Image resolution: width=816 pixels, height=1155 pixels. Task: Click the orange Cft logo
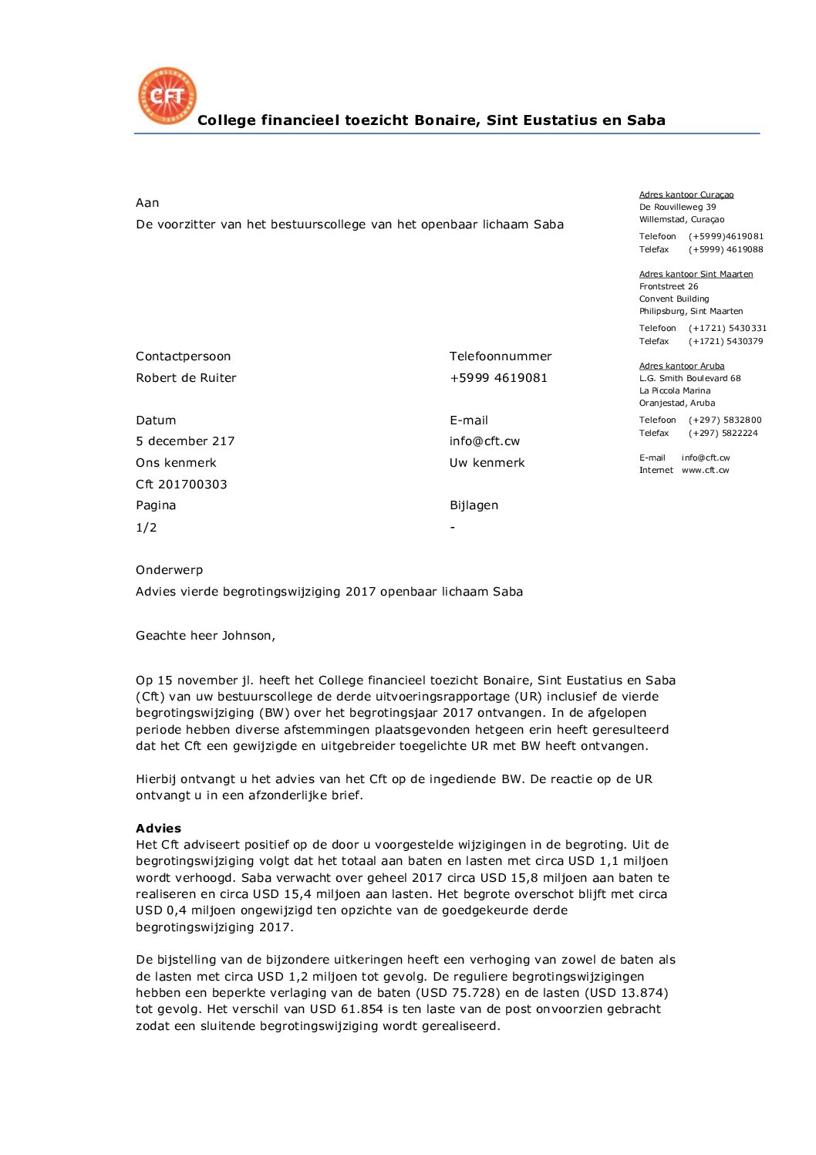point(167,96)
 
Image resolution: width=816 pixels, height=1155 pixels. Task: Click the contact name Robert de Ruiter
point(186,378)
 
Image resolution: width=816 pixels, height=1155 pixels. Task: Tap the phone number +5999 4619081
point(498,378)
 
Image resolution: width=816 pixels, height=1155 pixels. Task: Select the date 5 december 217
point(185,441)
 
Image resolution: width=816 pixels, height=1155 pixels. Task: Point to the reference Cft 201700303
point(181,485)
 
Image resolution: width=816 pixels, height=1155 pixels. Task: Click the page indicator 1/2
point(147,528)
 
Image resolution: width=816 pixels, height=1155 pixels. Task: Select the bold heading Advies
point(158,829)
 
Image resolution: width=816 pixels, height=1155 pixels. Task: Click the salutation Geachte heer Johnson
point(205,636)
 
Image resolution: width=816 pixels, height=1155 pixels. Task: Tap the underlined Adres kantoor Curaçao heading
point(686,195)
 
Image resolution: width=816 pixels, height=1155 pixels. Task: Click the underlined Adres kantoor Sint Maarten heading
point(696,274)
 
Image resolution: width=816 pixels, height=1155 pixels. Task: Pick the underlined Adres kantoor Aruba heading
point(682,366)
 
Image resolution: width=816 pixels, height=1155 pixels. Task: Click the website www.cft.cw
point(705,470)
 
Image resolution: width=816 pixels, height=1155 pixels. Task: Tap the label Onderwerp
point(170,570)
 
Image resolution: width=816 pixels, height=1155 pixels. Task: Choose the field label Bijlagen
point(474,505)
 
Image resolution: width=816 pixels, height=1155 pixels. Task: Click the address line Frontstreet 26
point(669,286)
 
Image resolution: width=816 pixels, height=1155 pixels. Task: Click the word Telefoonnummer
point(501,356)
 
